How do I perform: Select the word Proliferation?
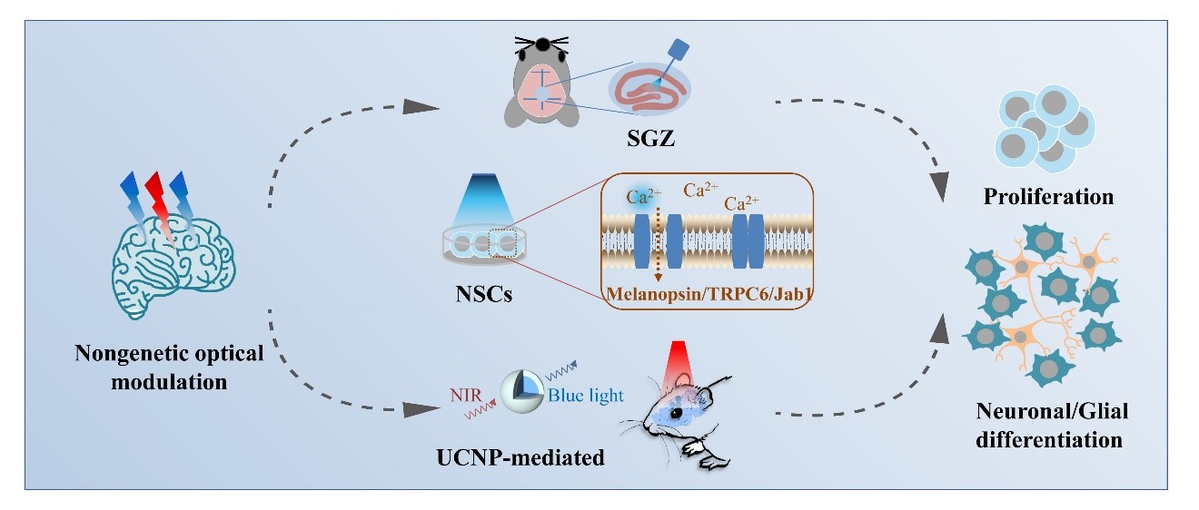pos(1050,196)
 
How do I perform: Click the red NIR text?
pos(465,395)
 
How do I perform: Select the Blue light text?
pos(585,395)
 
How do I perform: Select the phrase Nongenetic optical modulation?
pos(169,367)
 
